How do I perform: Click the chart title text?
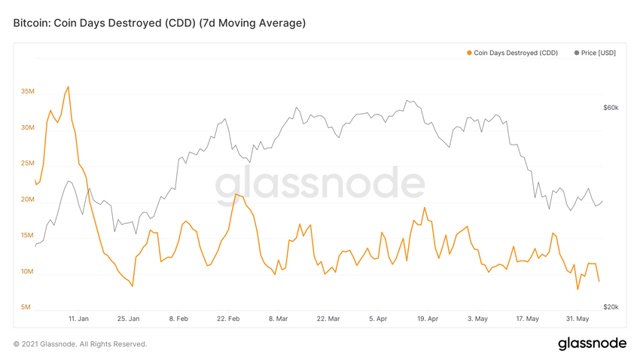click(x=160, y=23)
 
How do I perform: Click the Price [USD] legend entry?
click(x=598, y=53)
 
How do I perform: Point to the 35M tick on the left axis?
click(x=27, y=92)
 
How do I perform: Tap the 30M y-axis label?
click(x=27, y=128)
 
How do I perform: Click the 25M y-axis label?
click(x=27, y=163)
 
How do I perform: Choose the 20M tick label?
click(x=27, y=200)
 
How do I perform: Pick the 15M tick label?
click(x=27, y=236)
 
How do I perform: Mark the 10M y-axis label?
click(x=27, y=272)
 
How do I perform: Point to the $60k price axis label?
click(x=611, y=108)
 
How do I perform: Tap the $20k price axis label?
click(x=611, y=307)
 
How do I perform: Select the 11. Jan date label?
click(x=78, y=319)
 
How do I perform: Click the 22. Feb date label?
click(x=228, y=319)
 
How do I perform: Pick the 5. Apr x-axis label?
click(x=378, y=319)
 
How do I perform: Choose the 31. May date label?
click(x=577, y=319)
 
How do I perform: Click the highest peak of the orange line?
click(x=69, y=87)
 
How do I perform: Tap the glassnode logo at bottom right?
click(x=592, y=343)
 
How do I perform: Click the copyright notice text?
click(x=80, y=344)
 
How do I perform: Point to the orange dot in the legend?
click(x=469, y=53)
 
